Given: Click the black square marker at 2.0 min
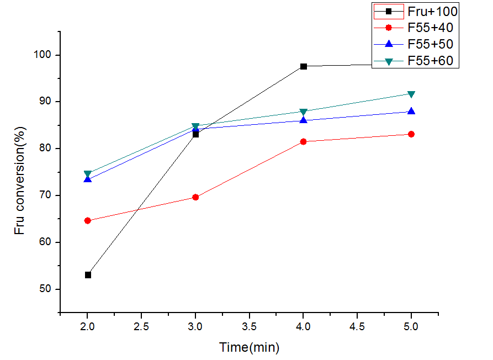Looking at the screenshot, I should click(x=88, y=275).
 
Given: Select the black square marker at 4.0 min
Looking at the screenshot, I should click(x=304, y=66).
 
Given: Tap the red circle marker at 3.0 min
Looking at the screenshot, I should click(x=195, y=197).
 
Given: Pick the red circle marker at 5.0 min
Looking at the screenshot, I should click(x=411, y=134).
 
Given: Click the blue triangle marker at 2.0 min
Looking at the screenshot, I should click(x=88, y=179).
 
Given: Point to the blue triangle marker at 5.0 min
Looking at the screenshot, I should click(x=411, y=111).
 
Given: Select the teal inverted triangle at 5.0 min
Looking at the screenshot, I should click(x=411, y=94).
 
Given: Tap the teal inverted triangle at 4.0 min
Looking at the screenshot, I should click(x=304, y=112).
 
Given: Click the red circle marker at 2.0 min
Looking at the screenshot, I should click(x=88, y=221).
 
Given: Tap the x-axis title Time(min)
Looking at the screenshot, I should click(x=249, y=347).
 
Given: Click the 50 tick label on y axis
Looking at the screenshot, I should click(x=47, y=289).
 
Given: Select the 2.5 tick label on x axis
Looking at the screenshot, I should click(x=141, y=326).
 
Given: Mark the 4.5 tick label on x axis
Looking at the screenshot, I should click(x=357, y=326).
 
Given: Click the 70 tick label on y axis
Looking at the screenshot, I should click(x=47, y=195).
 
